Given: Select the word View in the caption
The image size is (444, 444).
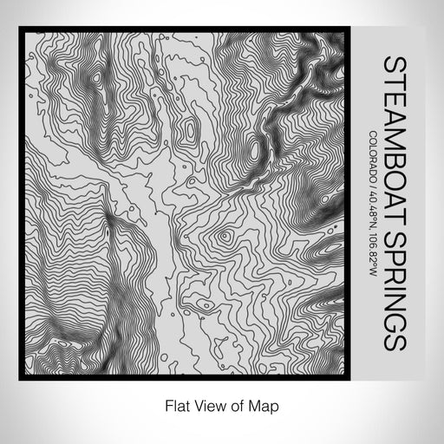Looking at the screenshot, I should pyautogui.click(x=203, y=404).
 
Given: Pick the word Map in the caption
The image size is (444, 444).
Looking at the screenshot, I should pyautogui.click(x=256, y=404).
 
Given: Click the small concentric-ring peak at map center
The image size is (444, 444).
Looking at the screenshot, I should pyautogui.click(x=225, y=235).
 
